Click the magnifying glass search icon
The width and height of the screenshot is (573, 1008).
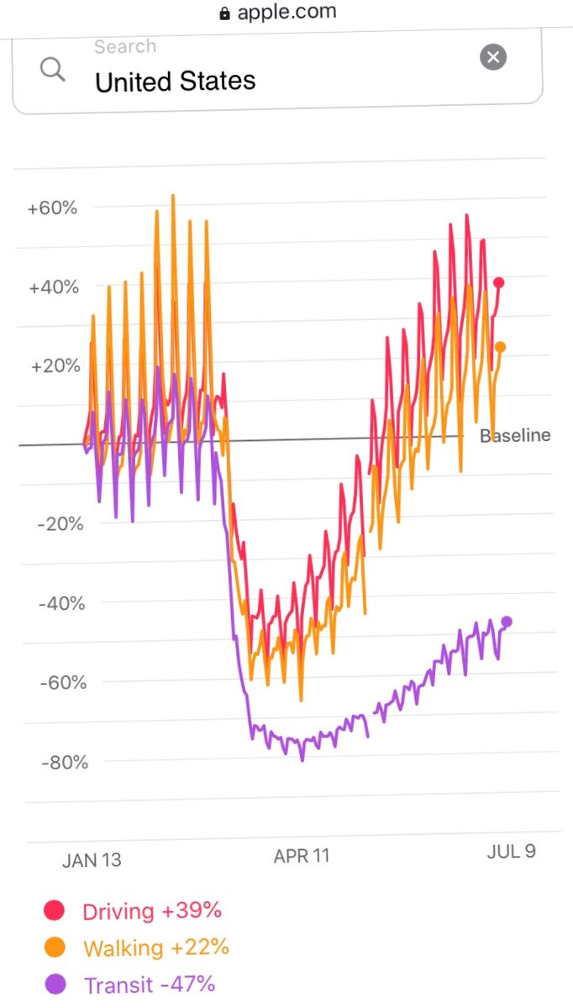[x=52, y=70]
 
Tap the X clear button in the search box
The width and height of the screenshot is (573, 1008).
[x=493, y=57]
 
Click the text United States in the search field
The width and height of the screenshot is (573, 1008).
[x=175, y=81]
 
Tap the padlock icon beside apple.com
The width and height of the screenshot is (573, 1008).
[x=224, y=13]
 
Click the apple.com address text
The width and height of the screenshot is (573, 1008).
[x=286, y=12]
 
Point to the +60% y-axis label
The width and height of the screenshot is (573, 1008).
[x=52, y=207]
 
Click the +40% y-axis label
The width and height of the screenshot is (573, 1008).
[x=53, y=287]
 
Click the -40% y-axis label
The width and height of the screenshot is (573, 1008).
[x=63, y=603]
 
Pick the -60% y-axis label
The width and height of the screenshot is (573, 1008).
[x=63, y=682]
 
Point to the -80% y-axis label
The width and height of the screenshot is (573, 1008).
[x=63, y=763]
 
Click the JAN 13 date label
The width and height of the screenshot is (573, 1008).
[x=92, y=860]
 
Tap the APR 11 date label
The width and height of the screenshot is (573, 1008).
[x=302, y=856]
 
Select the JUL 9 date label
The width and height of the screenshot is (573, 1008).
[x=511, y=851]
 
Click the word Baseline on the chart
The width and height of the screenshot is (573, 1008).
[x=515, y=435]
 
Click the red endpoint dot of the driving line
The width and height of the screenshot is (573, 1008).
[x=499, y=283]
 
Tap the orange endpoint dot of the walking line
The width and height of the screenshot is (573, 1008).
[x=500, y=347]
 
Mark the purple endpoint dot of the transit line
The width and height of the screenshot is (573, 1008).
[x=507, y=622]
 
